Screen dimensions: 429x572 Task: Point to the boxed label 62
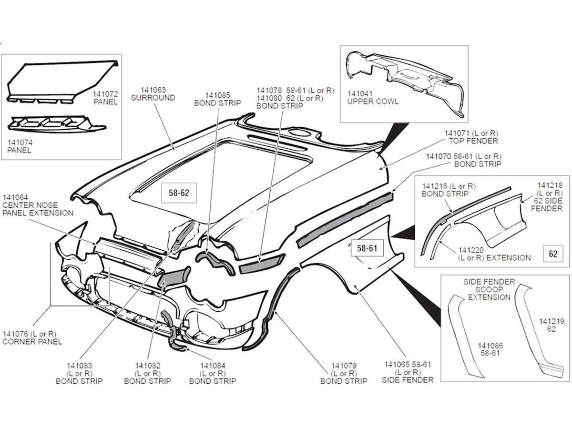pos(553,254)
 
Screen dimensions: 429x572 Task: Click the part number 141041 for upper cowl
pos(360,94)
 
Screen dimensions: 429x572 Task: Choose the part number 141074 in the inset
pos(20,142)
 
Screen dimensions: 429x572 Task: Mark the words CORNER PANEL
pos(32,341)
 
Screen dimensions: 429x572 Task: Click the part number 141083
pos(79,366)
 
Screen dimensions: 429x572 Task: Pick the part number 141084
pos(213,366)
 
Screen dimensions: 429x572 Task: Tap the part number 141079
pos(344,366)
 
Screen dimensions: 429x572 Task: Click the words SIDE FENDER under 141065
pos(408,379)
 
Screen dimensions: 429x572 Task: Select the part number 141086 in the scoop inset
pos(490,346)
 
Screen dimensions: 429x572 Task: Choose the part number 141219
pos(552,321)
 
